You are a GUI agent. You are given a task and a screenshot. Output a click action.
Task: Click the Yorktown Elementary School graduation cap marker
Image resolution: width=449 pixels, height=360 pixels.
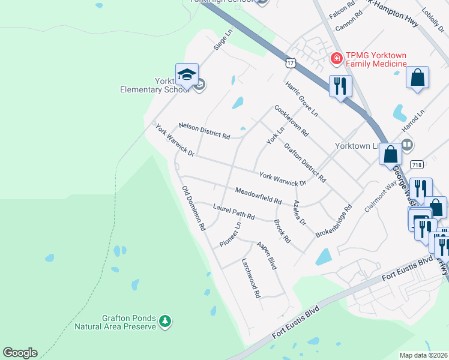point(187,76)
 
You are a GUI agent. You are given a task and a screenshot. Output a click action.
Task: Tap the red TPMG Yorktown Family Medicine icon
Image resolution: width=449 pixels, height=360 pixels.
point(336,58)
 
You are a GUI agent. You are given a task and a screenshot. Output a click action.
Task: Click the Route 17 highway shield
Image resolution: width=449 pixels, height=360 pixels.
point(291,62)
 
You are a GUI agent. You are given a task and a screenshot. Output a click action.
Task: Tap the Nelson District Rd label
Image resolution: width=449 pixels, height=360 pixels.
point(205,131)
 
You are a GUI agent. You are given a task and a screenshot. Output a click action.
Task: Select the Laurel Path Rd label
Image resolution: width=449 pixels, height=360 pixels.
point(234,211)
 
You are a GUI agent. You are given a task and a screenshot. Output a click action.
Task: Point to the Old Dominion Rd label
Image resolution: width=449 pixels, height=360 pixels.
point(194,209)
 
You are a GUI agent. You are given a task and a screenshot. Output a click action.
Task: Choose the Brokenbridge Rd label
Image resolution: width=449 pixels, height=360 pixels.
point(333,223)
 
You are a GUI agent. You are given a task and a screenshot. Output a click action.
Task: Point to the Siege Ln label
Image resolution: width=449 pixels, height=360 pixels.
point(223,40)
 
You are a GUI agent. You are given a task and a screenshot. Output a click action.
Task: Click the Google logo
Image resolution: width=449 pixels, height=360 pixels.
point(20,353)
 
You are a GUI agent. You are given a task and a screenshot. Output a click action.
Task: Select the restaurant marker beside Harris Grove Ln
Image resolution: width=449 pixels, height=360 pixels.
point(340,86)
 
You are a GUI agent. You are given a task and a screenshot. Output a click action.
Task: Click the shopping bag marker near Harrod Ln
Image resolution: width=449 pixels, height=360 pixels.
point(417,77)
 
